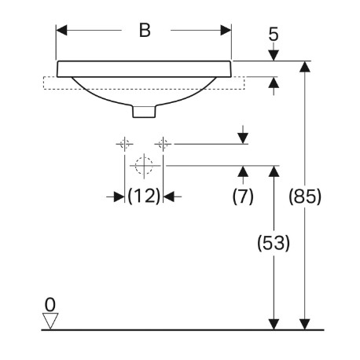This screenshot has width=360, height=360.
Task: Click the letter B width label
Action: coord(145,31)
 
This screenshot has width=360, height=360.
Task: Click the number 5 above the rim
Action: coord(274,35)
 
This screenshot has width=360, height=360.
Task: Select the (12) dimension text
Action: coord(144,196)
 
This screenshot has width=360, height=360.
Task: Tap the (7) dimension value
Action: coord(243,196)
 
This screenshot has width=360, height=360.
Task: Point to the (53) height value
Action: coord(274,243)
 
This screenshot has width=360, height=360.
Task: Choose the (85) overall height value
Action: coord(305,197)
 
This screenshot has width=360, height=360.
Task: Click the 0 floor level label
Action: coord(50,305)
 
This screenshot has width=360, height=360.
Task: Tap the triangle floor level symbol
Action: coord(50,321)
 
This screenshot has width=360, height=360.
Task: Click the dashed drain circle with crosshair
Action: coord(144,166)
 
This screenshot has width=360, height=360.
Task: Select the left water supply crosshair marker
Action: coord(124,144)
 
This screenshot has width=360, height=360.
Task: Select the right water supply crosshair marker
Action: coord(163,144)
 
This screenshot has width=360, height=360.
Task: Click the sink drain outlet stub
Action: coord(144,111)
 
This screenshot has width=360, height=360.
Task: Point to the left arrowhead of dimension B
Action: coord(62,31)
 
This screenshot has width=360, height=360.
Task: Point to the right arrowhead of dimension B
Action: coord(226,31)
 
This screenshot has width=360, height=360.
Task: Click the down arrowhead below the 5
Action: coord(274,55)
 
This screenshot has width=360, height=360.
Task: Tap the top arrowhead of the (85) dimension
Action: coord(305,67)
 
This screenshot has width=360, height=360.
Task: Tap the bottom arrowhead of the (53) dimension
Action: coord(274,325)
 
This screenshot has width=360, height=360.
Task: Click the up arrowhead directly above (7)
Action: coord(244,171)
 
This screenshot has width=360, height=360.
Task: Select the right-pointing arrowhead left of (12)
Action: coord(119,197)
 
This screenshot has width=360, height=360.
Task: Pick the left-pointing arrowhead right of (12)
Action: coord(169,197)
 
